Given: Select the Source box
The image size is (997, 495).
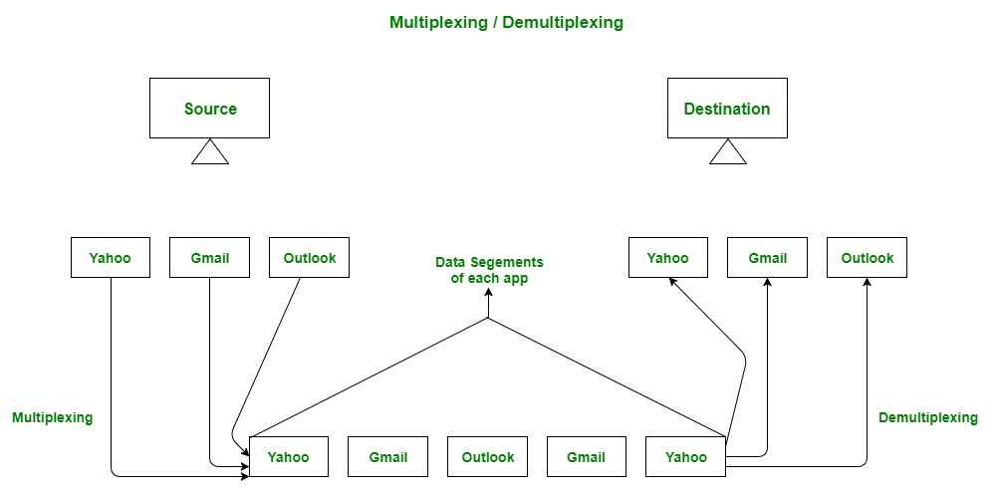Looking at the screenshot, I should [x=210, y=109].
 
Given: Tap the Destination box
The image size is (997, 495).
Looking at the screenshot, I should [x=727, y=109].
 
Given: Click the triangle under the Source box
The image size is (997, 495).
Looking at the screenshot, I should [x=210, y=152].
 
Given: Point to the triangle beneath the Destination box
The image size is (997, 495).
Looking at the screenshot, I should [x=727, y=152].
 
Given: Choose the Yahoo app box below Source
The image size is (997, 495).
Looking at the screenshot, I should [x=111, y=258].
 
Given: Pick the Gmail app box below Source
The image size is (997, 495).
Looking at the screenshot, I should [x=210, y=258].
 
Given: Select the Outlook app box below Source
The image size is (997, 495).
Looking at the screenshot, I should [x=310, y=258].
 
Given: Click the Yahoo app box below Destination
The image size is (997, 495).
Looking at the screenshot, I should [x=667, y=258].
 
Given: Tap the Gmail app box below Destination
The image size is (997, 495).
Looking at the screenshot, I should [x=767, y=258].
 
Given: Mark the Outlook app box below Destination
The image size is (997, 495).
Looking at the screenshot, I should [x=867, y=258].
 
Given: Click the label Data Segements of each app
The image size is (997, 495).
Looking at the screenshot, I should [x=489, y=271].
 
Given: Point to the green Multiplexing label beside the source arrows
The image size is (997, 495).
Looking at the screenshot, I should [x=52, y=418].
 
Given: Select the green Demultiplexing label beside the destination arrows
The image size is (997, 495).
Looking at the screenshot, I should [x=927, y=418].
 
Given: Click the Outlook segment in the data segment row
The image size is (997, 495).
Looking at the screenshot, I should [x=488, y=457].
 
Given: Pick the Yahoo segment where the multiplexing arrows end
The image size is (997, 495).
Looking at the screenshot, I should [x=289, y=457].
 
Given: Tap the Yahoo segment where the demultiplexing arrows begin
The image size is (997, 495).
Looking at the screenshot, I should [x=685, y=457].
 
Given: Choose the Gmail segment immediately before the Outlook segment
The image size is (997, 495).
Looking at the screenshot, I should [x=387, y=457].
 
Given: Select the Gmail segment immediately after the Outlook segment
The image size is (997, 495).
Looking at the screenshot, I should [x=586, y=457].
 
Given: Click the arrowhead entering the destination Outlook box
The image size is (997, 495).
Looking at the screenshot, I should [x=867, y=284].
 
